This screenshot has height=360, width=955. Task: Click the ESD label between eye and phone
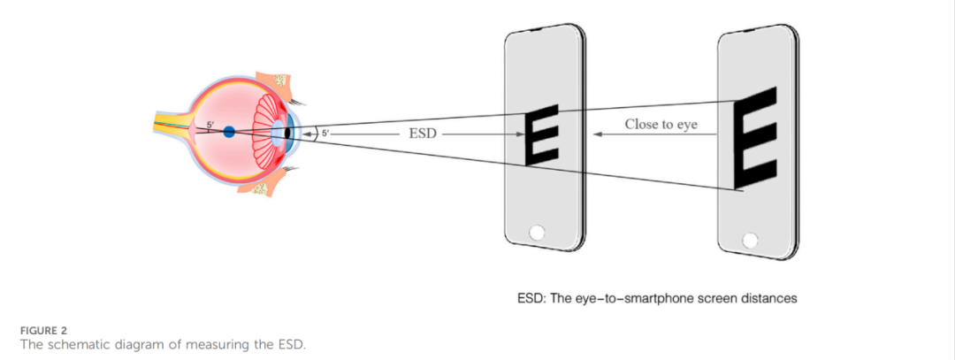click(424, 134)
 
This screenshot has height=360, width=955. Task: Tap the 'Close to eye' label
click(661, 125)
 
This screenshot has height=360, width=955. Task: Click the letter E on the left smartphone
click(542, 134)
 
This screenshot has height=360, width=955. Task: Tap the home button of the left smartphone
click(536, 234)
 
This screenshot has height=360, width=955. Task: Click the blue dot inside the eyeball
click(229, 132)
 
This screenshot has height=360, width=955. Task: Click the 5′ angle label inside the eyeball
click(210, 125)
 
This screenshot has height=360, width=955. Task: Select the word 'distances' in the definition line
click(768, 298)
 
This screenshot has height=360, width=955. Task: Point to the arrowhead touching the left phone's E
click(522, 134)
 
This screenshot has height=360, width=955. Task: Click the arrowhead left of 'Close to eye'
click(598, 134)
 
